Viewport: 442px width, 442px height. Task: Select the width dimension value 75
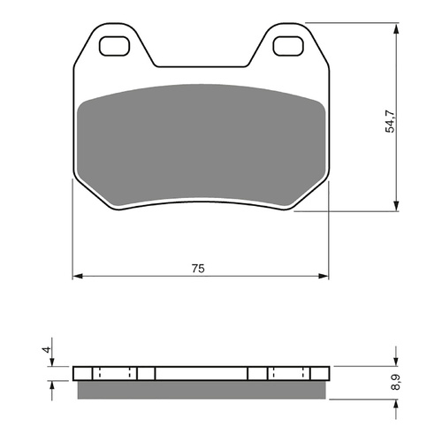[x=200, y=268]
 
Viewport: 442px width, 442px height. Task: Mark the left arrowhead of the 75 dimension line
[x=77, y=277]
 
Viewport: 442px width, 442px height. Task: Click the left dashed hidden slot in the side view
[x=114, y=372]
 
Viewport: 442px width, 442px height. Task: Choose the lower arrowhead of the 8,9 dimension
[x=393, y=400]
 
